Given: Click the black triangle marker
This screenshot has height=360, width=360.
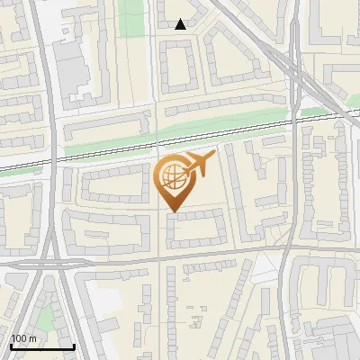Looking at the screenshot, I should point(181,24).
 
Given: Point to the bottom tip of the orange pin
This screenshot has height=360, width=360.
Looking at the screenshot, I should point(172,212).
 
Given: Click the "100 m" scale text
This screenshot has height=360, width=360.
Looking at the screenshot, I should point(23,338).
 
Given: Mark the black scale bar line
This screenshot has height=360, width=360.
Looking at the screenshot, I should point(41,346).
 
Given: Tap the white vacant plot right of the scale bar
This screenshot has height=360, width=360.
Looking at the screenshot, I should point(106,300).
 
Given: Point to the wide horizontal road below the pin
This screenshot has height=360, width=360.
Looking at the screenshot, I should point(180,258).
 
